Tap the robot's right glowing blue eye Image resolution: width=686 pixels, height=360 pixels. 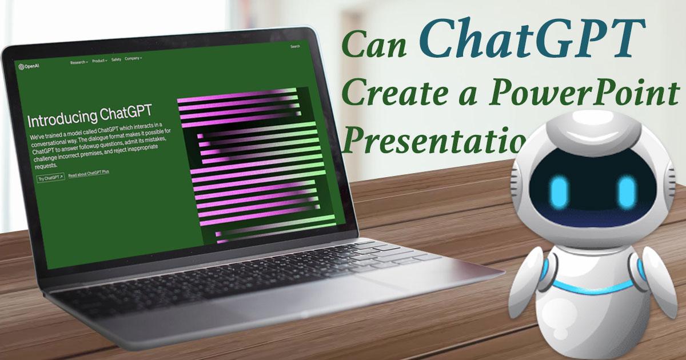627,191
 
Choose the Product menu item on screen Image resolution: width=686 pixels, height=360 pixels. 99,60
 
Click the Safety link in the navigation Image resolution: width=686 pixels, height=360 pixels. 116,59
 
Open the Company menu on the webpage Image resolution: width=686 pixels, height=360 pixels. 133,58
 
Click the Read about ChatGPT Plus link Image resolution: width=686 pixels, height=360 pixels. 89,175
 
